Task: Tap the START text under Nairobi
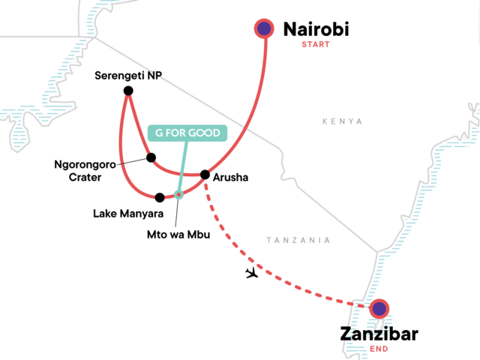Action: pyautogui.click(x=315, y=44)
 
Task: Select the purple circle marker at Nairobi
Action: pyautogui.click(x=264, y=29)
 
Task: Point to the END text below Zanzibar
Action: pyautogui.click(x=379, y=349)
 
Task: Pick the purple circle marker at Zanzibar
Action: pyautogui.click(x=379, y=308)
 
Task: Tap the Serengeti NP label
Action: pyautogui.click(x=129, y=76)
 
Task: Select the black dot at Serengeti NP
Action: pyautogui.click(x=128, y=91)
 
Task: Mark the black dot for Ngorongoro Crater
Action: pyautogui.click(x=151, y=157)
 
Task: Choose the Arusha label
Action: pyautogui.click(x=230, y=178)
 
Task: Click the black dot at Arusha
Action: pyautogui.click(x=205, y=175)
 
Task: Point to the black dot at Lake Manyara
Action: pyautogui.click(x=159, y=198)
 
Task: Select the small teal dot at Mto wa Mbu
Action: pyautogui.click(x=178, y=195)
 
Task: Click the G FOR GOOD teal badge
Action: pyautogui.click(x=187, y=133)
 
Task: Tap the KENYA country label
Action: pyautogui.click(x=342, y=121)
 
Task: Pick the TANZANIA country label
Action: pyautogui.click(x=299, y=240)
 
